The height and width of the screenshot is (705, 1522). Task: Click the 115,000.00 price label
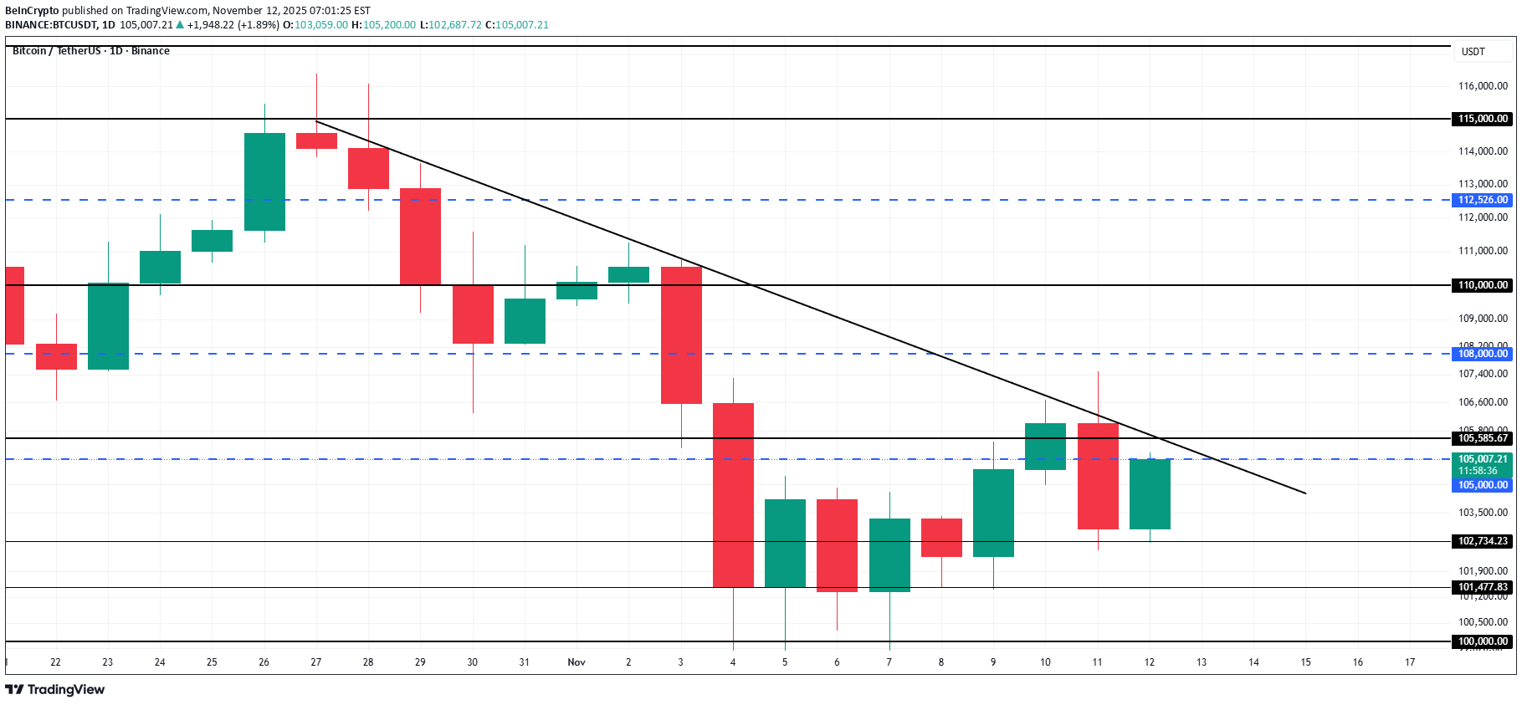pyautogui.click(x=1483, y=119)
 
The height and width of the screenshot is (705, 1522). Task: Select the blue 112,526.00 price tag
pyautogui.click(x=1483, y=200)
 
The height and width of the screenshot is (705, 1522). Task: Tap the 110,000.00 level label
pyautogui.click(x=1483, y=285)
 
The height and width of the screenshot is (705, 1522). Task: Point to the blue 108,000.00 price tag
pyautogui.click(x=1483, y=354)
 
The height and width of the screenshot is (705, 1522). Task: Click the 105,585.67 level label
pyautogui.click(x=1483, y=438)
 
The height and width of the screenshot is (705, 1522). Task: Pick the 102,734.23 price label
pyautogui.click(x=1483, y=541)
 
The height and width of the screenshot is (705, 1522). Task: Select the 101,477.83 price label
pyautogui.click(x=1483, y=587)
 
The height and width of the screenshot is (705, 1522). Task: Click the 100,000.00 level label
pyautogui.click(x=1483, y=641)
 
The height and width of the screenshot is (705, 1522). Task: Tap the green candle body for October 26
pyautogui.click(x=264, y=181)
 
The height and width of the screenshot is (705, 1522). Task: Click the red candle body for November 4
pyautogui.click(x=733, y=494)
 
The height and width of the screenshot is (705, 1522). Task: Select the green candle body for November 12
pyautogui.click(x=1150, y=493)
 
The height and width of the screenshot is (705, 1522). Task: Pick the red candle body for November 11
pyautogui.click(x=1098, y=476)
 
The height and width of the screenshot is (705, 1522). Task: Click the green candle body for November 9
pyautogui.click(x=993, y=513)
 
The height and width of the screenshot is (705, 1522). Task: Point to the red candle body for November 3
pyautogui.click(x=681, y=335)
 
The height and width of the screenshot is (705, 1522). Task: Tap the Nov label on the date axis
pyautogui.click(x=577, y=662)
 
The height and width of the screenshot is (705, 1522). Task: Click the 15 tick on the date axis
pyautogui.click(x=1305, y=662)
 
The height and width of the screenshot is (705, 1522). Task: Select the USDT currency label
pyautogui.click(x=1473, y=52)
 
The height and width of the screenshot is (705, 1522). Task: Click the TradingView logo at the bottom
pyautogui.click(x=55, y=690)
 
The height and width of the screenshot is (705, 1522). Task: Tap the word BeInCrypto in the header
pyautogui.click(x=32, y=11)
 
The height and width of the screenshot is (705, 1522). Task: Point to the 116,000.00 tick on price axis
pyautogui.click(x=1483, y=86)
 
